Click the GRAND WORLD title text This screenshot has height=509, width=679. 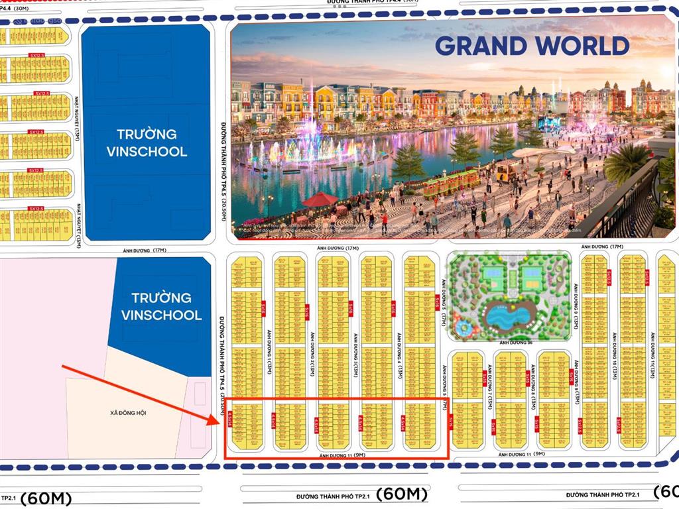(x=532, y=45)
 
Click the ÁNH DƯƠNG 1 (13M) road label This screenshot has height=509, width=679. (x=268, y=352)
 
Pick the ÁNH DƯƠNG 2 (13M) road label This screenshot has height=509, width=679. (x=311, y=352)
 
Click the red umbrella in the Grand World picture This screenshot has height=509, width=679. (x=320, y=198)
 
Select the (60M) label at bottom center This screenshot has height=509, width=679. (x=402, y=494)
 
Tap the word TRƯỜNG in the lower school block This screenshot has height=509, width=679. (x=161, y=298)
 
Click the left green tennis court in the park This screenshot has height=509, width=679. (x=493, y=273)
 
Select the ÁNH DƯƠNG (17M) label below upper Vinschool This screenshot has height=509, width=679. (x=152, y=251)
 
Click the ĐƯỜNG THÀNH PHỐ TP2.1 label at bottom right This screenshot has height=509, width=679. (x=603, y=494)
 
